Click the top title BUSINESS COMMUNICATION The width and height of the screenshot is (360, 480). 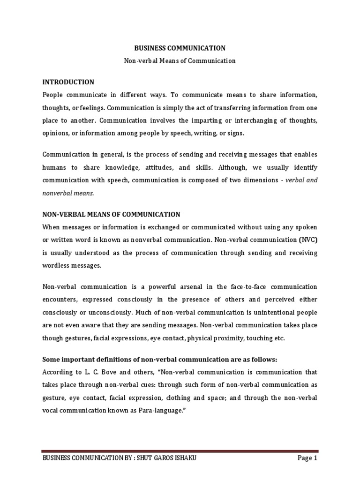click(180, 48)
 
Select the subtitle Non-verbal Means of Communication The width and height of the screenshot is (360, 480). click(180, 60)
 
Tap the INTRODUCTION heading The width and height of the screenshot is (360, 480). click(68, 82)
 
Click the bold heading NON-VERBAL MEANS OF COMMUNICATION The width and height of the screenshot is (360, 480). click(111, 214)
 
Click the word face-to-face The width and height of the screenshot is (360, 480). click(246, 286)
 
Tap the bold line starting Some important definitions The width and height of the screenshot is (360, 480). click(160, 359)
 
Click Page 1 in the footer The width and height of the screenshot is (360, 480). click(307, 458)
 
